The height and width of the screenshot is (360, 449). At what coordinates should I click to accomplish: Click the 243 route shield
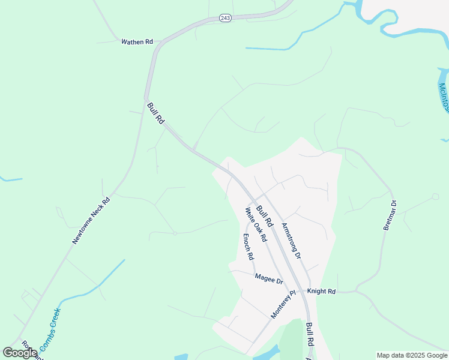(225, 19)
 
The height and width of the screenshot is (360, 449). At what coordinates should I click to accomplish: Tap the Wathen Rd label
(137, 42)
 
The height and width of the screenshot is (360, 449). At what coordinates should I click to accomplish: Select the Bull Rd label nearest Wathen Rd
(155, 113)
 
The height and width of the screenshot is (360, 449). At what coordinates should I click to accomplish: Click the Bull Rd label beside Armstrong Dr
(265, 216)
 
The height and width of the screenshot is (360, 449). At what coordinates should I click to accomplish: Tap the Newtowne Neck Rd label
(91, 221)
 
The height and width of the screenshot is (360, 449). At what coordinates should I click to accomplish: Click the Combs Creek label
(50, 330)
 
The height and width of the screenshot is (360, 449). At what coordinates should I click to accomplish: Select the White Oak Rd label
(256, 224)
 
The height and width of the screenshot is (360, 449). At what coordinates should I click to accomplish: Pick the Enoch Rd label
(247, 247)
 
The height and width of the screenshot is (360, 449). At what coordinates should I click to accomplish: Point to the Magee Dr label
(268, 278)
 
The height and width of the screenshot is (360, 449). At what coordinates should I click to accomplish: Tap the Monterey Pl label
(283, 305)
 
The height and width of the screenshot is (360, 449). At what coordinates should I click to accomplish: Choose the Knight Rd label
(321, 291)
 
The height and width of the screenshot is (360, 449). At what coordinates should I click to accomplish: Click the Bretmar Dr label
(390, 215)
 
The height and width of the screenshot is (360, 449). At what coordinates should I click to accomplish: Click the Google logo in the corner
(20, 353)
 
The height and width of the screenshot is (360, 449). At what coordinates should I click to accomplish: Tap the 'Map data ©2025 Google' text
(411, 355)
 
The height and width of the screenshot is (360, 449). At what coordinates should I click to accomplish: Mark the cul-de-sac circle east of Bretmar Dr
(436, 196)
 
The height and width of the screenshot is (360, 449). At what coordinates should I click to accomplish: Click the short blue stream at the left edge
(11, 179)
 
